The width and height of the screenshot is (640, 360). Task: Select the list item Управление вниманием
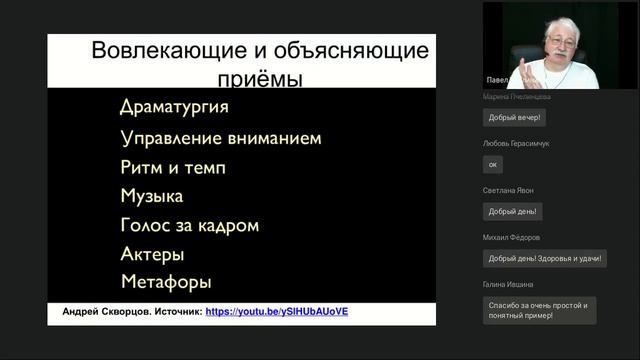[220, 138]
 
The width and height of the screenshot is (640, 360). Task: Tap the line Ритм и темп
[173, 167]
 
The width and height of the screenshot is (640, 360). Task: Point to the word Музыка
[151, 196]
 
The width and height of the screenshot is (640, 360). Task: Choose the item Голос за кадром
[189, 225]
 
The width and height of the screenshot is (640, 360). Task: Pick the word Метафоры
[166, 282]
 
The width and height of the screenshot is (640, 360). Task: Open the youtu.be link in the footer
[276, 311]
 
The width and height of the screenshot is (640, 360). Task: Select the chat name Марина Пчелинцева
[516, 97]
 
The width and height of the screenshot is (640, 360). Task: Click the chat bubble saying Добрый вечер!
[514, 117]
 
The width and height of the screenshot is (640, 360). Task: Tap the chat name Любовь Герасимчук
[516, 143]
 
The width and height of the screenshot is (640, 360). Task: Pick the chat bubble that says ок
[492, 164]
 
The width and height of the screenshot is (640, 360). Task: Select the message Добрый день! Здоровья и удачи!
[544, 258]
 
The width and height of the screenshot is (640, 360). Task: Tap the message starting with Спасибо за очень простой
[538, 310]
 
